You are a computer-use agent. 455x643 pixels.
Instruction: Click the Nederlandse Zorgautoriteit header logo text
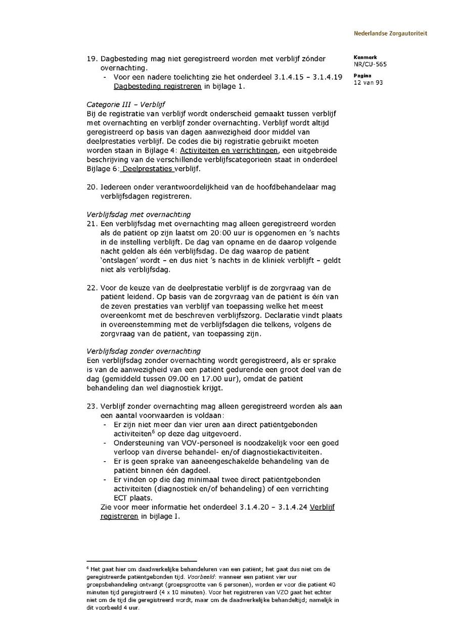(x=390, y=33)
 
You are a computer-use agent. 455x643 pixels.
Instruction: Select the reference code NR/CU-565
(x=370, y=64)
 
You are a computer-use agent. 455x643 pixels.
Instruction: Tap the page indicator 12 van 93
(x=368, y=82)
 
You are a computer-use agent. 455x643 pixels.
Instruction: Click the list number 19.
(x=92, y=59)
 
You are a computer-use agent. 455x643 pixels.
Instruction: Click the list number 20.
(x=92, y=187)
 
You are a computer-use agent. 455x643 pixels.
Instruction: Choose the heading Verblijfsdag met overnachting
(x=139, y=214)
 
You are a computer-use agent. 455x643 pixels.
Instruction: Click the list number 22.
(x=92, y=287)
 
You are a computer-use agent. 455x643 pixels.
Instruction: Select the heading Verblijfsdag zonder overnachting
(x=144, y=351)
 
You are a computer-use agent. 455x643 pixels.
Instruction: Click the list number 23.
(x=92, y=406)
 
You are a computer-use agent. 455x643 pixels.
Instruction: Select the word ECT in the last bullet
(x=121, y=498)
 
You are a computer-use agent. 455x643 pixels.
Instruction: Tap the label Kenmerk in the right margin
(x=365, y=57)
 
